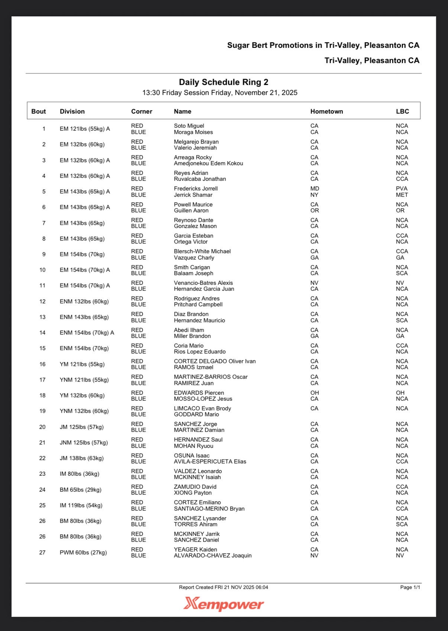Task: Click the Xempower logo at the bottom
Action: coord(224,604)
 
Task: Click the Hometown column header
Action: coord(327,111)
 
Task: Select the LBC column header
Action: coord(402,111)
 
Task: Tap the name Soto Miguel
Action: coord(189,126)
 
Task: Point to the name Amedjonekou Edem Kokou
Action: coord(208,163)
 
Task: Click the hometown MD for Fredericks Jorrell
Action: coord(315,189)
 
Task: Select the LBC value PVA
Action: coord(402,189)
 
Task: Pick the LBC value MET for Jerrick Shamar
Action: coord(402,195)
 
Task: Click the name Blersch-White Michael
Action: coord(202,251)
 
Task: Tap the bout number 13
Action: coord(42,317)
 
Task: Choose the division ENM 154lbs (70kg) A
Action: coord(87,333)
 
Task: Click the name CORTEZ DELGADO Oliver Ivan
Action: coord(215,361)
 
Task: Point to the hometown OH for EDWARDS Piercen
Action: coord(315,393)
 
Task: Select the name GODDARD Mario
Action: coord(196,414)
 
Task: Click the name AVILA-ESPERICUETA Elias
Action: coord(210,462)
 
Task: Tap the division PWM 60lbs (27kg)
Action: coord(83,553)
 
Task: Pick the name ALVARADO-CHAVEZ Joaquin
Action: coord(212,556)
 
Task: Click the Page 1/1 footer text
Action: coord(410,587)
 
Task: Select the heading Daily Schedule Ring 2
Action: coord(224,82)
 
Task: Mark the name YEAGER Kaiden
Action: coord(195,550)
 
